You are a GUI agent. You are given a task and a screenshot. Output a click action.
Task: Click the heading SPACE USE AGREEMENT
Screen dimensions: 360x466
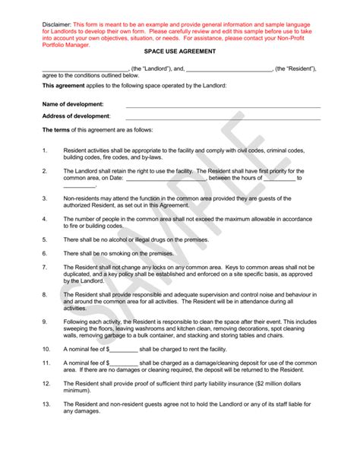click(180, 51)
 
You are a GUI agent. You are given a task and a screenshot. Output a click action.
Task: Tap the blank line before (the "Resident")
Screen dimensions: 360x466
click(229, 70)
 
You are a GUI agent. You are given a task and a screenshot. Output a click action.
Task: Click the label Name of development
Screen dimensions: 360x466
click(73, 103)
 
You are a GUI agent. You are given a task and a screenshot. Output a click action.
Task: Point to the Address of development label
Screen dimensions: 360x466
click(76, 116)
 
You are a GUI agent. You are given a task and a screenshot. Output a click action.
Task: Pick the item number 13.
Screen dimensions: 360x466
click(46, 404)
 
